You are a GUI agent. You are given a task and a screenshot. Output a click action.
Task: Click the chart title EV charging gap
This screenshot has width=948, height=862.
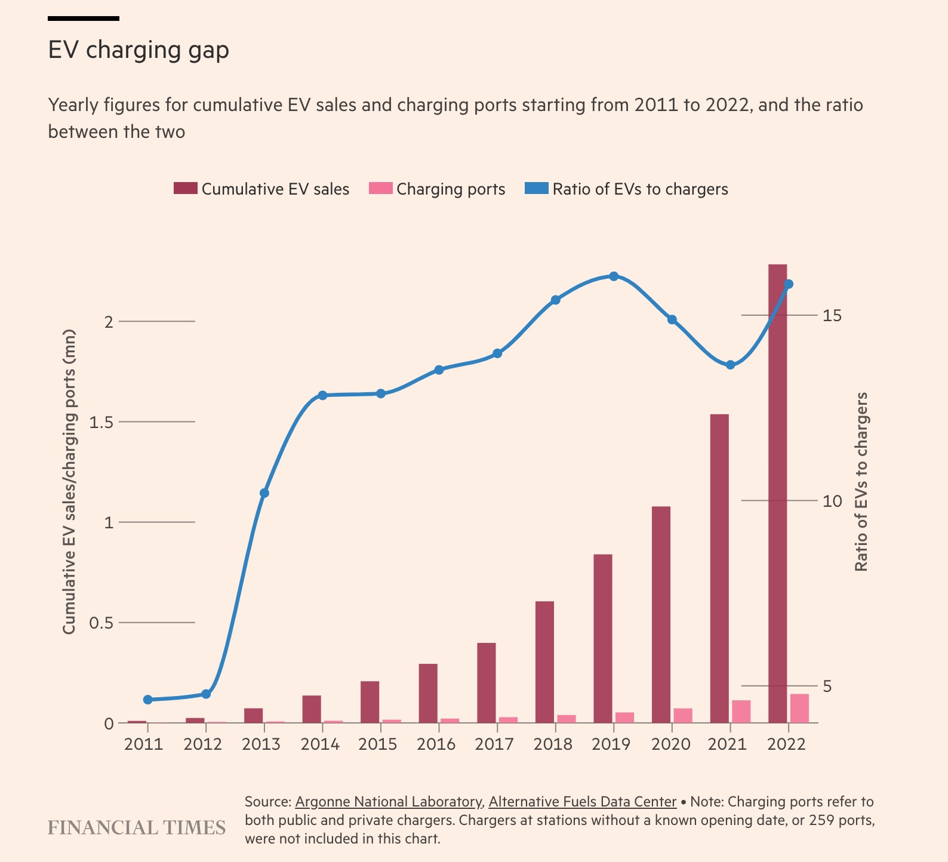138,50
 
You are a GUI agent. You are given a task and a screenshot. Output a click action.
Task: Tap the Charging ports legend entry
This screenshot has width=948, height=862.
438,189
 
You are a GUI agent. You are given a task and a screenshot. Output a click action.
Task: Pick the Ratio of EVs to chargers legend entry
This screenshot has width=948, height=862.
627,189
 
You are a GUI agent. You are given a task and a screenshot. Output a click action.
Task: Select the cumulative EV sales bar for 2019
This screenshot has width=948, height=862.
603,639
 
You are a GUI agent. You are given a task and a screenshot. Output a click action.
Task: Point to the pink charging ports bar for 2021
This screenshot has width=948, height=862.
741,712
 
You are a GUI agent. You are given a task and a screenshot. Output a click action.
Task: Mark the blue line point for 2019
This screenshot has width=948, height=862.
614,276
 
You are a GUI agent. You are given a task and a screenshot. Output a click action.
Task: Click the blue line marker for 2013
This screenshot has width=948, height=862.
264,493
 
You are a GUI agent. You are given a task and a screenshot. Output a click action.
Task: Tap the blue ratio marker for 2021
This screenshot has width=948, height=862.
730,365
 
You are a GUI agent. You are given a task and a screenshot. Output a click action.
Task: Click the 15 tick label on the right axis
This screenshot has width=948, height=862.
832,315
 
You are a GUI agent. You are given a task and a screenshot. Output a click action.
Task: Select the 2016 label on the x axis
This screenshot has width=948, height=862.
436,744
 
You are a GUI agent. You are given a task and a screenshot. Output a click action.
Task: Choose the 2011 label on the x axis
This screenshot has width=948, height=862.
143,744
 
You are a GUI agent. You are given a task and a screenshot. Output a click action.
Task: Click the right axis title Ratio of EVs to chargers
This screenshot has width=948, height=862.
861,482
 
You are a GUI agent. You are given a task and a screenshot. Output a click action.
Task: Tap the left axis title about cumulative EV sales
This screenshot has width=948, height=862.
69,482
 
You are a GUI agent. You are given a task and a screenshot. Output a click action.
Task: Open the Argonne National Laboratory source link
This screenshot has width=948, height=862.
389,802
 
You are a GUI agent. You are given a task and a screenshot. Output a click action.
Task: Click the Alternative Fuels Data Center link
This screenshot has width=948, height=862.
582,802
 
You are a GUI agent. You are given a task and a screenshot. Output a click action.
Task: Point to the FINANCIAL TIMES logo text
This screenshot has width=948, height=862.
137,828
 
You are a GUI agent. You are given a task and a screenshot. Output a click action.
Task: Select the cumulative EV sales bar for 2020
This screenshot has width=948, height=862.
661,615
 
